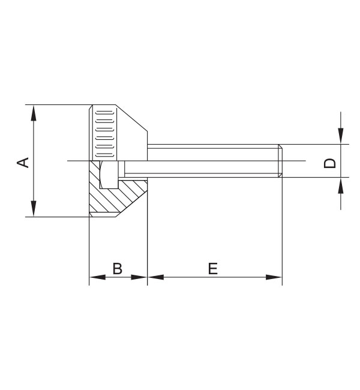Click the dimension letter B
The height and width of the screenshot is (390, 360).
tap(118, 268)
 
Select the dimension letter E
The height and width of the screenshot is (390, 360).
tap(213, 268)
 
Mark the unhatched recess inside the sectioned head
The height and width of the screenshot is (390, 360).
tap(110, 175)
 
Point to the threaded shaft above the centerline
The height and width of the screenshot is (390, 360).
tap(210, 152)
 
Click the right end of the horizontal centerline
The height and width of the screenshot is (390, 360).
tap(304, 161)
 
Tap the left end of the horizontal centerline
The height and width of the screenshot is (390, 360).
tap(69, 161)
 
